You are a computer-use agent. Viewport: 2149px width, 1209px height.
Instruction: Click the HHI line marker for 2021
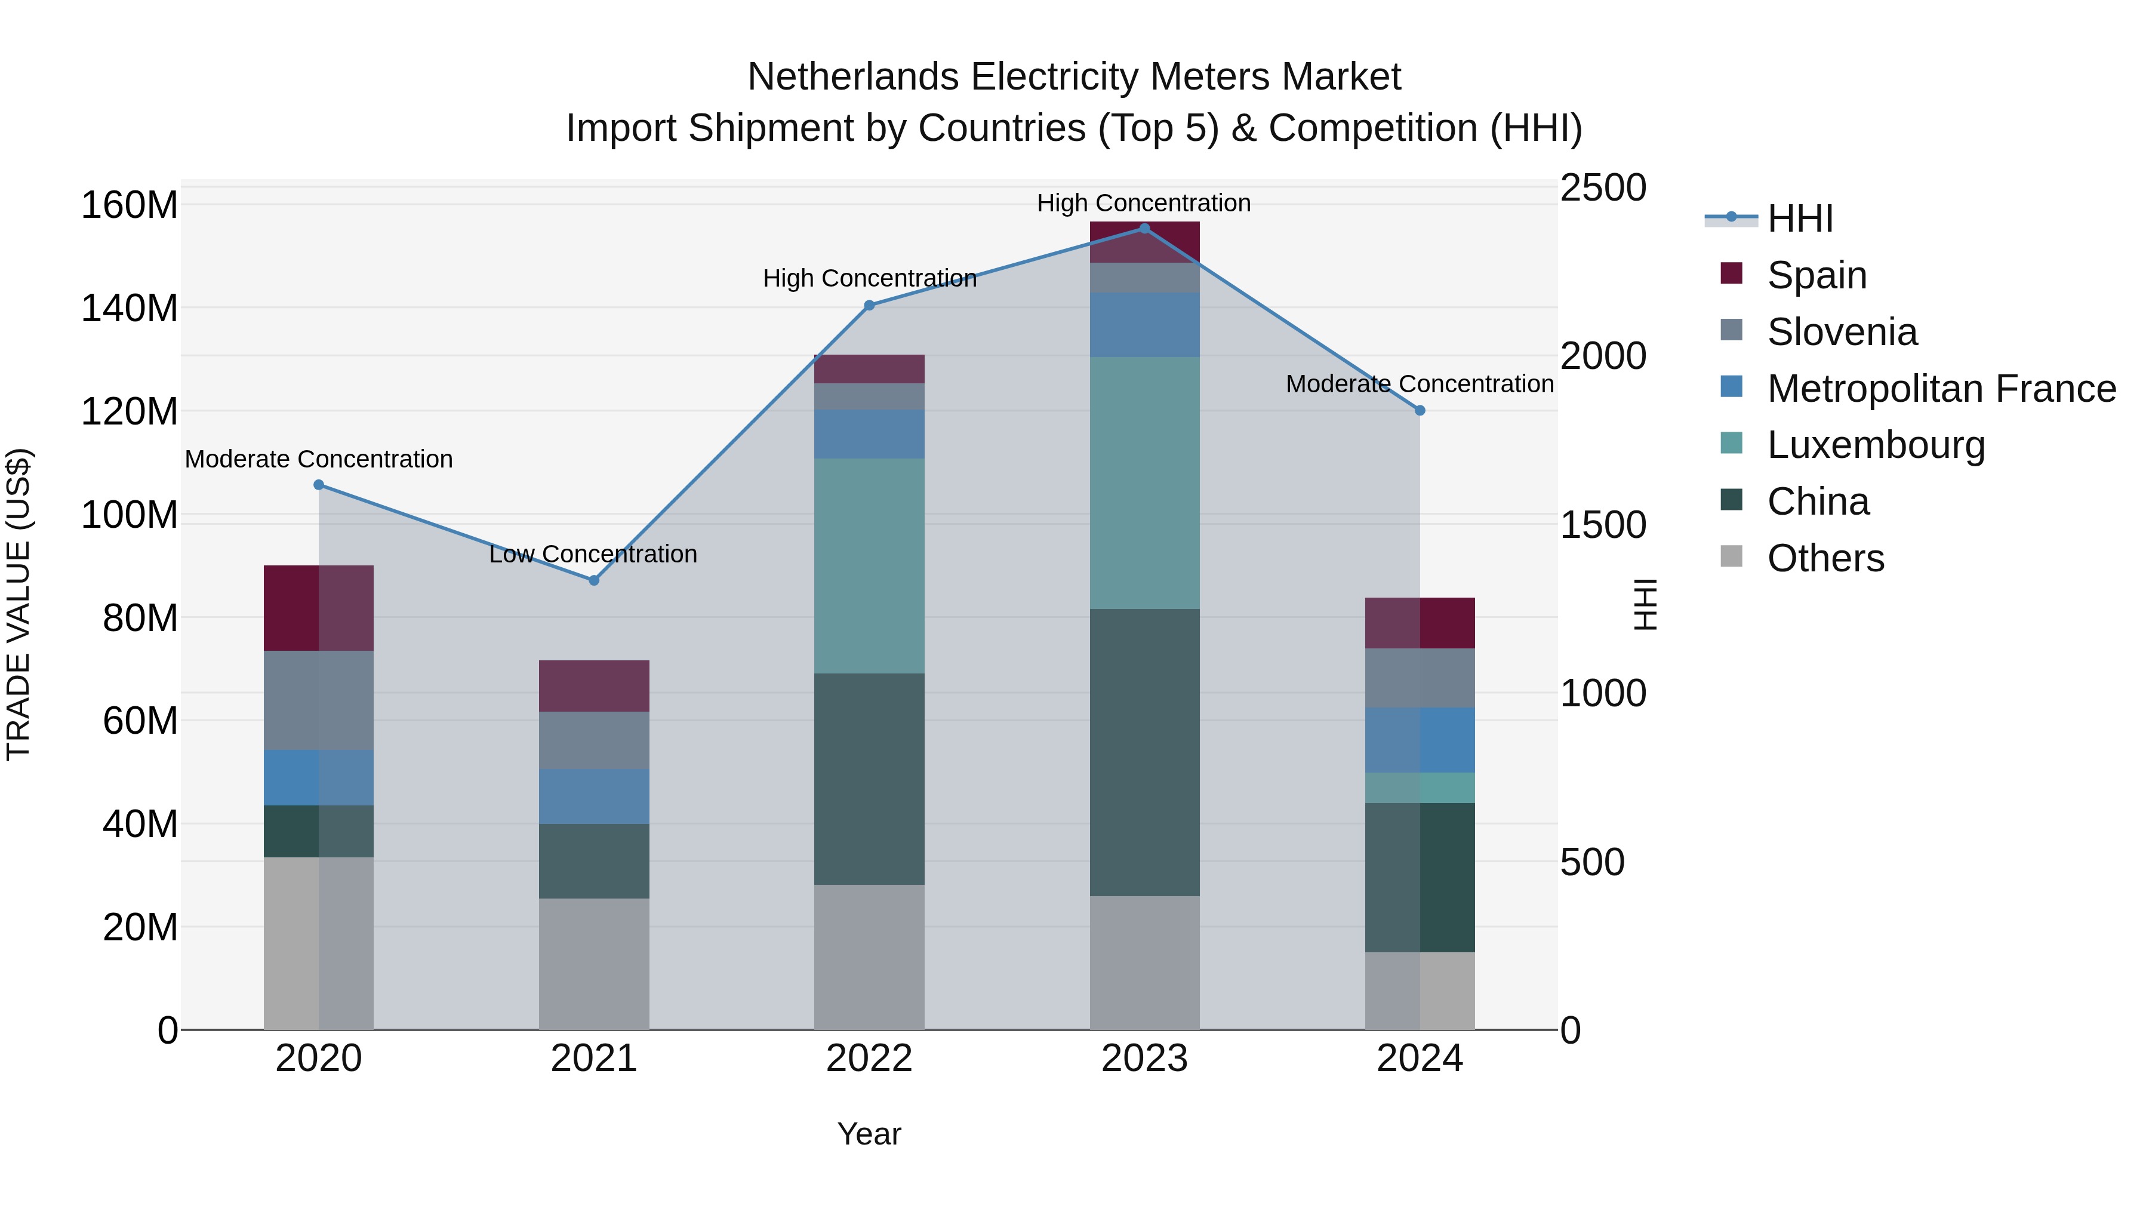[x=594, y=580]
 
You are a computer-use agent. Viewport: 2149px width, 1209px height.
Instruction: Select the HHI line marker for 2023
[x=1144, y=229]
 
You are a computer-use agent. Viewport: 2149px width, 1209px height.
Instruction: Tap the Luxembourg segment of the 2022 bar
[x=869, y=566]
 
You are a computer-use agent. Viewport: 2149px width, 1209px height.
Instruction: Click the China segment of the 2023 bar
[x=1144, y=753]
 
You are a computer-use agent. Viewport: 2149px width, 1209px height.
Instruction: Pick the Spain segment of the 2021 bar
[x=594, y=686]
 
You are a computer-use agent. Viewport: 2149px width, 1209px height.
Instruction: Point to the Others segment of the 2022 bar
[x=869, y=957]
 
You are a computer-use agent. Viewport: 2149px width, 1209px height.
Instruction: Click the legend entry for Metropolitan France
[x=1941, y=389]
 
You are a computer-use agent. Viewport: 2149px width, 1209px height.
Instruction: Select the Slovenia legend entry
[x=1842, y=332]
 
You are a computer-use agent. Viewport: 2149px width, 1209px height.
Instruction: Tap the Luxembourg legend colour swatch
[x=1732, y=443]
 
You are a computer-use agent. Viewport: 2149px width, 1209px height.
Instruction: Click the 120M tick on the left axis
[x=130, y=411]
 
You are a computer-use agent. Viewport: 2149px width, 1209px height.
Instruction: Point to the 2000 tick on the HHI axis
[x=1603, y=356]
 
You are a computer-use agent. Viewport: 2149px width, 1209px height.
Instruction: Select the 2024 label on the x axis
[x=1420, y=1059]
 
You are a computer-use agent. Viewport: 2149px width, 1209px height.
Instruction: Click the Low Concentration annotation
[x=593, y=554]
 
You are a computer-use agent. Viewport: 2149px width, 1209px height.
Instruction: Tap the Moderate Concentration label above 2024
[x=1420, y=384]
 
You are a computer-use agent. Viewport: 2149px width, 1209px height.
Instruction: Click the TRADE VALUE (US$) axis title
[x=19, y=604]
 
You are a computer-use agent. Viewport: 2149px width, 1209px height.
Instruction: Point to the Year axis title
[x=869, y=1134]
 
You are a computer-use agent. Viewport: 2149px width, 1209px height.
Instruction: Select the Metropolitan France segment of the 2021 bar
[x=594, y=797]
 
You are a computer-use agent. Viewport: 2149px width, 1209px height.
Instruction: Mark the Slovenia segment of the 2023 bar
[x=1144, y=278]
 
